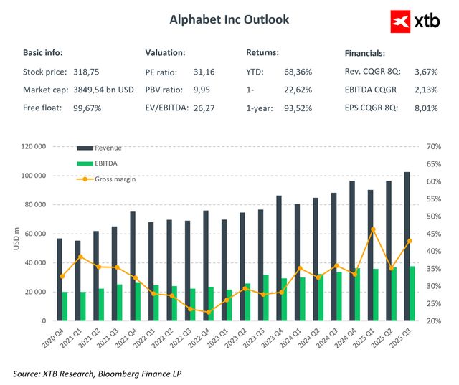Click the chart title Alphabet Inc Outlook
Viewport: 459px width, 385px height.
pyautogui.click(x=229, y=19)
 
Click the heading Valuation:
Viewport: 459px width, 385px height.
pyautogui.click(x=165, y=53)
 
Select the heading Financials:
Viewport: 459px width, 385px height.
pyautogui.click(x=365, y=53)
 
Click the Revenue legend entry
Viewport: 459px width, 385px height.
pyautogui.click(x=108, y=148)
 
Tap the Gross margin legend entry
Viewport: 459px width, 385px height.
pyautogui.click(x=115, y=179)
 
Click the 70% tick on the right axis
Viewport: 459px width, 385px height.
pyautogui.click(x=432, y=146)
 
